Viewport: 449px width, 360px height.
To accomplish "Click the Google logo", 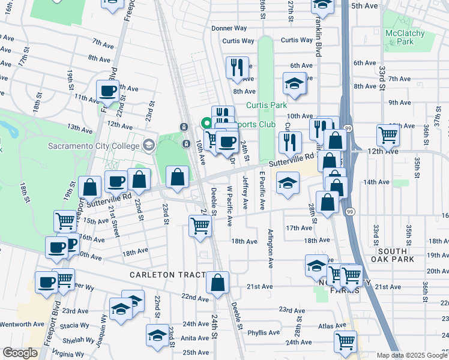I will click(x=20, y=353).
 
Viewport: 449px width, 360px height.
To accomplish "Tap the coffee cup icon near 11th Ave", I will click(x=107, y=91).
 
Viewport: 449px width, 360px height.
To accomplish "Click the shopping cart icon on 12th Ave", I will click(x=388, y=136).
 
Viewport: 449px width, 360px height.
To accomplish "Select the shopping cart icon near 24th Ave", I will click(x=346, y=341).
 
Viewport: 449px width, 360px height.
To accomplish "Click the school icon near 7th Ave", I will click(x=294, y=84).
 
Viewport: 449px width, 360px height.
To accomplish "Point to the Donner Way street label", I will click(x=229, y=28).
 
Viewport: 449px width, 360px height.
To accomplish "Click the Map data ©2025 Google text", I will click(x=411, y=355).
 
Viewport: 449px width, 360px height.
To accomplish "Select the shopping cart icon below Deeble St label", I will click(x=199, y=226).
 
